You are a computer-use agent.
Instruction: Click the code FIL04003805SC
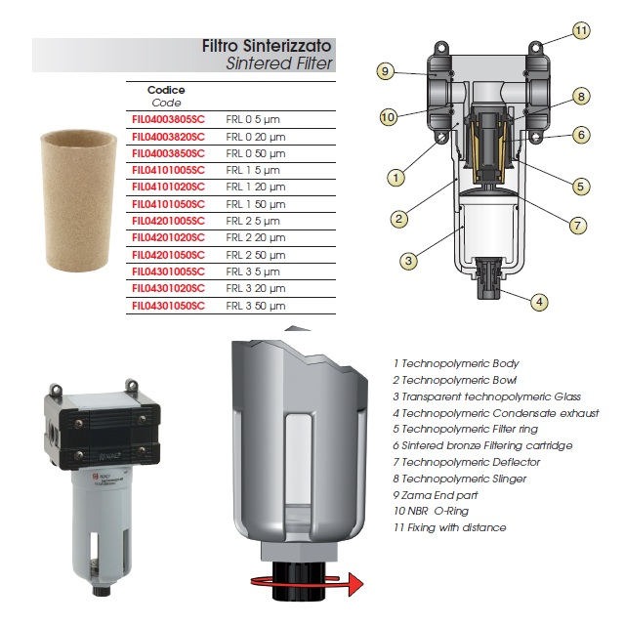coord(168,119)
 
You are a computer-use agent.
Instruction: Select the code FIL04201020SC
coord(168,237)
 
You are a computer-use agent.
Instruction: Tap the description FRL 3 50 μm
coord(256,306)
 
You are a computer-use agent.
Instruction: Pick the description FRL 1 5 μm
coord(253,170)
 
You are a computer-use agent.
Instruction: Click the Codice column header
coord(166,90)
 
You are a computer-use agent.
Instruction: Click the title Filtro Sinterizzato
coord(267,46)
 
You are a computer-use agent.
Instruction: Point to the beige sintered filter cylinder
coord(78,200)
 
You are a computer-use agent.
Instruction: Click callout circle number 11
coord(581,30)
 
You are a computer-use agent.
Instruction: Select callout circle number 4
coord(539,302)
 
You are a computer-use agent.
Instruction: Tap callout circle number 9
coord(385,71)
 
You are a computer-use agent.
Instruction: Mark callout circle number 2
coord(398,219)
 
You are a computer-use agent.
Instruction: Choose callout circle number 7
coord(577,226)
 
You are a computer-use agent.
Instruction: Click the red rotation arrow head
coord(355,585)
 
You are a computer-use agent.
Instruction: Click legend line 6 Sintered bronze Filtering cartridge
coord(482,445)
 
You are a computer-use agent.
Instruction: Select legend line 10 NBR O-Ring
coord(431,511)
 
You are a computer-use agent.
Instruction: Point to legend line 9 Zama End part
coord(436,495)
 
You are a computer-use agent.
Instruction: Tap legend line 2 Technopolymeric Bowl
coord(455,380)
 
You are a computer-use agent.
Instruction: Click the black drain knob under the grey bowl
coord(299,580)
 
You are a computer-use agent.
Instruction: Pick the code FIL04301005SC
coord(168,271)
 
